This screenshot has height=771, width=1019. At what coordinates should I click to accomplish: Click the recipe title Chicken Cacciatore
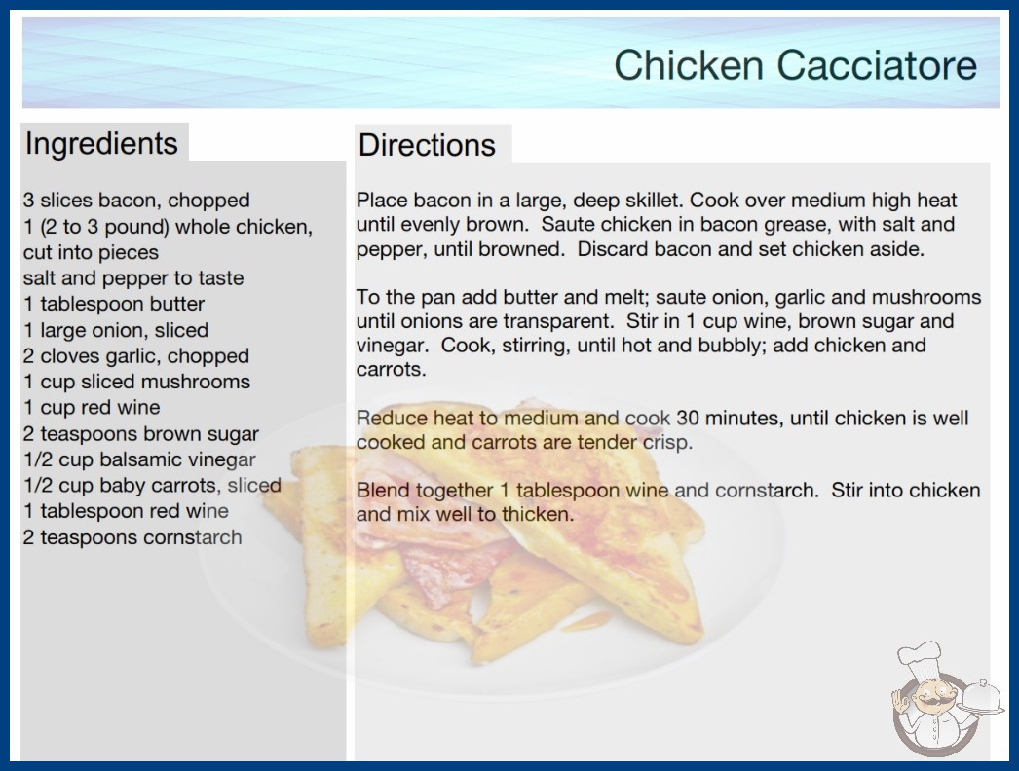tap(796, 65)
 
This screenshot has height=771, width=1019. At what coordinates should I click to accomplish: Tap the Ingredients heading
tap(101, 143)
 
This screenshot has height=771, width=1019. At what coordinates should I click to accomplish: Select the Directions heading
tap(427, 145)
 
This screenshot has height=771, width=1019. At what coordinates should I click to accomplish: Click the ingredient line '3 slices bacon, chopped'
tap(136, 201)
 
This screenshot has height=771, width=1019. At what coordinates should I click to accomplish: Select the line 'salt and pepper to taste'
tap(133, 278)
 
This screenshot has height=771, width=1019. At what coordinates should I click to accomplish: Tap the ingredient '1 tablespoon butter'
tap(114, 304)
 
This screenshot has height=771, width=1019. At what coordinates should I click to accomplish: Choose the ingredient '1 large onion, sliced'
tap(116, 330)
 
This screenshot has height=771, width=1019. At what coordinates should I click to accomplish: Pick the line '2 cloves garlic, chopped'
tap(136, 356)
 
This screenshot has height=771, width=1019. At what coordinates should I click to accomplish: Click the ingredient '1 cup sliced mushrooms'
tap(136, 382)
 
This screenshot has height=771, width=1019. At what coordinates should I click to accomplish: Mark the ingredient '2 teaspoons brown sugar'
tap(141, 434)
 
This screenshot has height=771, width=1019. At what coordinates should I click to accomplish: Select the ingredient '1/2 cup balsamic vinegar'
tap(139, 459)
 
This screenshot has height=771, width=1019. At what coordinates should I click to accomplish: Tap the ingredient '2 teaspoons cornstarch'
tap(132, 537)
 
